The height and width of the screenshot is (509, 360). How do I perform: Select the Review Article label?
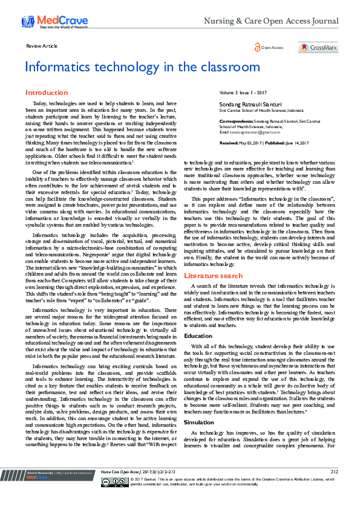(x=42, y=46)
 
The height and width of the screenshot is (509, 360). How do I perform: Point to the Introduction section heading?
(x=46, y=92)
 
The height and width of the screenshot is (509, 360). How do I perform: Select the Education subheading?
(x=198, y=336)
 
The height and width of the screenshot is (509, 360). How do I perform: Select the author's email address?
(x=250, y=131)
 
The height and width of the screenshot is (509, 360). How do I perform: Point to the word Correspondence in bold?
(x=235, y=121)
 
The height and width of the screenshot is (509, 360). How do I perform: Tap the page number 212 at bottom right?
(x=334, y=487)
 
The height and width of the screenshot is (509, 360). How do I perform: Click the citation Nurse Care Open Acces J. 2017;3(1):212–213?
(x=138, y=488)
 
